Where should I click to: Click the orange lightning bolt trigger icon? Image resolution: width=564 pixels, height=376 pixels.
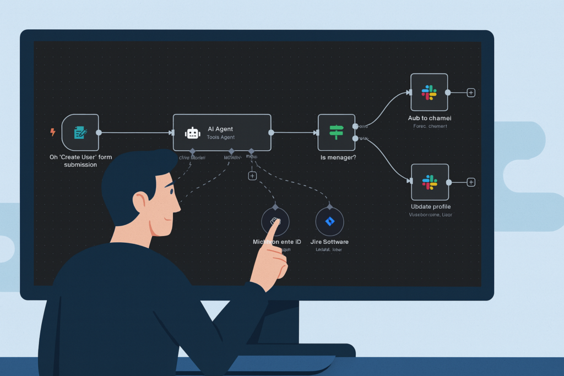[53, 132]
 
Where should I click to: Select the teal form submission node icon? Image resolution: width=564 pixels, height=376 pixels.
[80, 132]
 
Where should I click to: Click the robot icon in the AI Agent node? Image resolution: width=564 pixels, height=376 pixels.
[192, 133]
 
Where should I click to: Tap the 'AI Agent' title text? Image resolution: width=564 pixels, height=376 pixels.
[220, 129]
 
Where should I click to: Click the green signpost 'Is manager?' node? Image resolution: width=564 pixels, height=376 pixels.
[336, 132]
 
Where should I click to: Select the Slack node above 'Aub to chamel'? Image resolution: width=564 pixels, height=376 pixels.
[429, 92]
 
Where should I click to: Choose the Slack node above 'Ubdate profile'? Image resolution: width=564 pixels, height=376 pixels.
[430, 182]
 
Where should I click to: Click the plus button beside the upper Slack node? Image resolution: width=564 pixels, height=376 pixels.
[471, 92]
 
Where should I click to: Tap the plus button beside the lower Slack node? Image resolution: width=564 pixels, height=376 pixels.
[471, 182]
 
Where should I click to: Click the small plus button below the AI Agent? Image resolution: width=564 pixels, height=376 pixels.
[252, 176]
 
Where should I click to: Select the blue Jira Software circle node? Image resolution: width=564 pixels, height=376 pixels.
[329, 221]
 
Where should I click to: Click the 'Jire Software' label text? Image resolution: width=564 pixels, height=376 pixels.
[329, 242]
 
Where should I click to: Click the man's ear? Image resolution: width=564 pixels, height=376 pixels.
[141, 202]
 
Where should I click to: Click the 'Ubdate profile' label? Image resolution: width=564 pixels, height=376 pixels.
[431, 207]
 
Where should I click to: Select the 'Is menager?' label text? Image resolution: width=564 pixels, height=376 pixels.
[338, 157]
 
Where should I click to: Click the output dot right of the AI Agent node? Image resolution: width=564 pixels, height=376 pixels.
[271, 132]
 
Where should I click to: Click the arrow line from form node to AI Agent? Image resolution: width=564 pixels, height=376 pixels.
[135, 132]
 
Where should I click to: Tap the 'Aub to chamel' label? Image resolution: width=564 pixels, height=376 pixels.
[430, 118]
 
